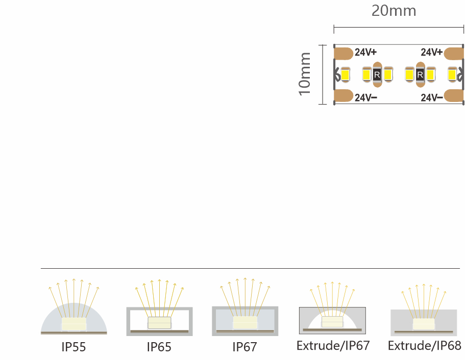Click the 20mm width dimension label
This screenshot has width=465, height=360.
394,11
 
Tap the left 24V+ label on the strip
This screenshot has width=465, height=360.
365,52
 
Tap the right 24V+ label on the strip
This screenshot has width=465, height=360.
432,52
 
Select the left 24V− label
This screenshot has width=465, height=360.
366,97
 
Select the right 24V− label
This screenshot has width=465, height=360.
432,97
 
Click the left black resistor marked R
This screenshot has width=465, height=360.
377,74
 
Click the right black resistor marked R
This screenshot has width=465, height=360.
420,74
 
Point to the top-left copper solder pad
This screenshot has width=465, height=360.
344,53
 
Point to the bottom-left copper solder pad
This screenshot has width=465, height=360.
344,96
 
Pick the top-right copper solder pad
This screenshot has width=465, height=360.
454,53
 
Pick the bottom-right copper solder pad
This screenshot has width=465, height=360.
454,96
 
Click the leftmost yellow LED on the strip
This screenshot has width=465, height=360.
345,74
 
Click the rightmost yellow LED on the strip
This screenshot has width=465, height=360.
452,74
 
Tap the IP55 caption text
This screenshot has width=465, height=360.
74,347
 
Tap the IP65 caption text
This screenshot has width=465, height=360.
159,347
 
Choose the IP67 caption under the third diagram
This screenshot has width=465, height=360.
244,347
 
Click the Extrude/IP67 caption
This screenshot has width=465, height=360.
333,346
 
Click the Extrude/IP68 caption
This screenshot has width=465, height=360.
424,346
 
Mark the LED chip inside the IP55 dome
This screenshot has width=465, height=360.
74,324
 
